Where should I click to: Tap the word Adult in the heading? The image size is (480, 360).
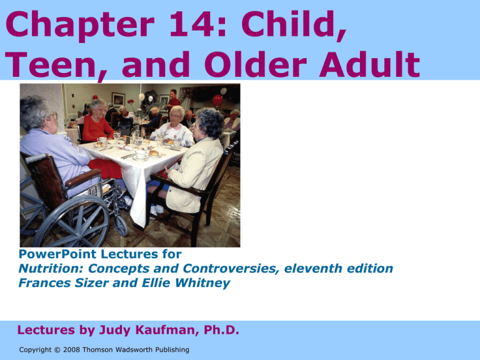click(369, 64)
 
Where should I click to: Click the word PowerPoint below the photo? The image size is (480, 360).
click(57, 254)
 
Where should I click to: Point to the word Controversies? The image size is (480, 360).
click(231, 269)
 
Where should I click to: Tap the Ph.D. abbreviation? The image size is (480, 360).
click(221, 330)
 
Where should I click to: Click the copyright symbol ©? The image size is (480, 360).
click(57, 349)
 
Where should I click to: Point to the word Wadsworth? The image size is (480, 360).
click(135, 349)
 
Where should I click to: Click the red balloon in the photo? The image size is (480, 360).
click(217, 100)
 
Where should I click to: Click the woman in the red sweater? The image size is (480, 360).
click(96, 122)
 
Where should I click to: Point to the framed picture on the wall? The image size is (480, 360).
click(119, 99)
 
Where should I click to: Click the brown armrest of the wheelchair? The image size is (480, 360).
click(82, 177)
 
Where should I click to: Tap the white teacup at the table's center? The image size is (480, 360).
click(141, 154)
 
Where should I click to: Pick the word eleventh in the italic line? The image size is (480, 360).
click(308, 269)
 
